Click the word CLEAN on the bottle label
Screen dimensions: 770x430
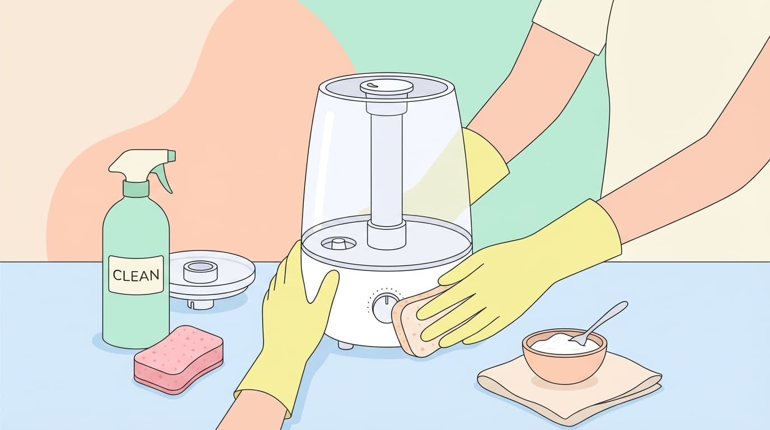coord(136,275)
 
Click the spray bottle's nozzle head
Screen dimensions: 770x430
coord(142,166)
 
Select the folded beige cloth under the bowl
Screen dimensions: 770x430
coord(569,385)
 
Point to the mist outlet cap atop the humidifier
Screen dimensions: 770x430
coord(386,88)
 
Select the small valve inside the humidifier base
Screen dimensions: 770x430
coord(337,244)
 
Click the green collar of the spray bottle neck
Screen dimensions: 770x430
coord(136,189)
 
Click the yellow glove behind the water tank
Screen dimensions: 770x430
coord(485,165)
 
